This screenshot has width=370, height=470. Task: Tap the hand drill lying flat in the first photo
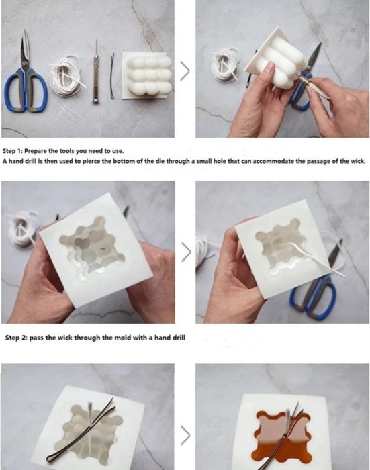tap(96, 72)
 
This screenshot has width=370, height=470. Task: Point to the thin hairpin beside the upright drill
tap(112, 76)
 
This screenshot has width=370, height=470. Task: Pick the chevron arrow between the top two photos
tap(185, 71)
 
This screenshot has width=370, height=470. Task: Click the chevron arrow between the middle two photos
tap(186, 252)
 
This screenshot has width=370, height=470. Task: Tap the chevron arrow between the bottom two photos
tap(185, 435)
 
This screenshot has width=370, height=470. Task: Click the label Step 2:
tap(16, 338)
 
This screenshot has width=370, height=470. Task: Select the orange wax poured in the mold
tap(282, 438)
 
